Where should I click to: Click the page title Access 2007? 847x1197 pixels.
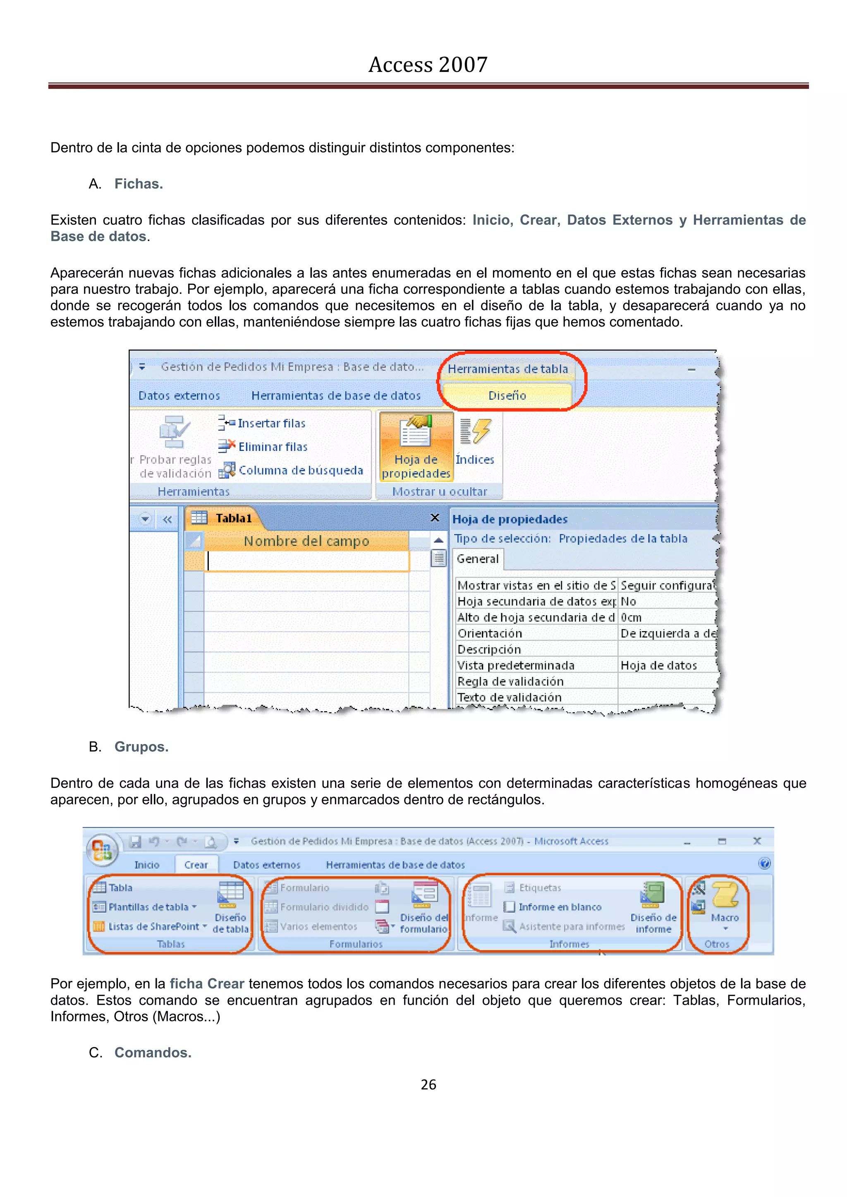(428, 64)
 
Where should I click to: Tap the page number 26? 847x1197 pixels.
(428, 1085)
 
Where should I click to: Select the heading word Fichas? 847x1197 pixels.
(139, 184)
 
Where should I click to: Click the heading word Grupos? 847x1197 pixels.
(141, 746)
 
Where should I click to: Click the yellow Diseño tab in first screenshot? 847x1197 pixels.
(507, 395)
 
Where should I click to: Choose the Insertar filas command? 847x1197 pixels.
(271, 423)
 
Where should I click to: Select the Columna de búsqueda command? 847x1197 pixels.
(300, 470)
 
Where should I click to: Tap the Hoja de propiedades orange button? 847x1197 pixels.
(416, 447)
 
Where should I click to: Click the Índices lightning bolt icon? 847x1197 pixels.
(475, 431)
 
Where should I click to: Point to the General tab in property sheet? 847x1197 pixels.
(477, 559)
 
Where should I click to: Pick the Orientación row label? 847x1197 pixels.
(490, 634)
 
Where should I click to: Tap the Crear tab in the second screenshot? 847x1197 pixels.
(196, 865)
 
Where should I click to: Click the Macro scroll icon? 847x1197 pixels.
(725, 895)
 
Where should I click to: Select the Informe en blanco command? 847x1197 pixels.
(559, 907)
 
